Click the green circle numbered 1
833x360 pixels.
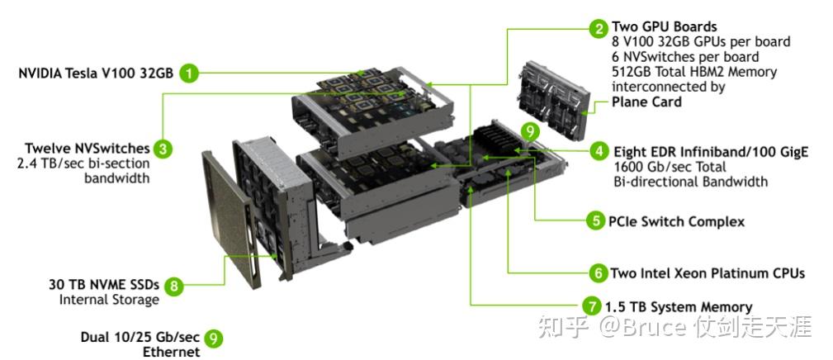190,73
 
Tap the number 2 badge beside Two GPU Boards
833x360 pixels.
599,28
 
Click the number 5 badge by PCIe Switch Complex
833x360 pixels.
595,220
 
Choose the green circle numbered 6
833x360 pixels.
598,272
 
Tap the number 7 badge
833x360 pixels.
591,306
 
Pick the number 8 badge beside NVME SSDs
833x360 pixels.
173,286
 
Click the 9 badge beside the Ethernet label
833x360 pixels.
213,338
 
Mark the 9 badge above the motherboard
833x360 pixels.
530,130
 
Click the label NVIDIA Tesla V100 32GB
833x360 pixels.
96,73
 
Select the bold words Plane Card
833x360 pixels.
646,102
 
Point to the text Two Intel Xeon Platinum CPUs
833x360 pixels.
707,272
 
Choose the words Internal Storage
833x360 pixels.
108,300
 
